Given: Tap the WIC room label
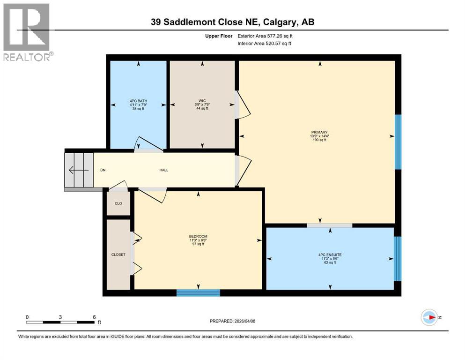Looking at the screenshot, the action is click(x=202, y=100).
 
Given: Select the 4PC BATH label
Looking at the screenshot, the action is click(x=138, y=100).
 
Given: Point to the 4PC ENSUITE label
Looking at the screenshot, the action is click(x=330, y=255).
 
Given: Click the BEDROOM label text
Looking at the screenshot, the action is click(x=198, y=236).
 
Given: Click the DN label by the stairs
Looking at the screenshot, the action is click(x=103, y=170).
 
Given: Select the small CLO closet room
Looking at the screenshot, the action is click(x=118, y=203).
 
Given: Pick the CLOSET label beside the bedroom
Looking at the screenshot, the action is click(x=118, y=255).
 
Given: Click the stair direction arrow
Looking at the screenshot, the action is click(x=78, y=170).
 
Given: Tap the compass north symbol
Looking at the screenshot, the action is click(x=429, y=317).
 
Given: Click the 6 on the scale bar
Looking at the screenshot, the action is click(x=94, y=316).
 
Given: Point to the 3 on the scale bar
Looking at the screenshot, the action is click(x=60, y=316).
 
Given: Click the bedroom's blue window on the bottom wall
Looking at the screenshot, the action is click(x=198, y=293).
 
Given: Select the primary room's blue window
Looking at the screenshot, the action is click(x=398, y=142).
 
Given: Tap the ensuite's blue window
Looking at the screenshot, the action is click(x=398, y=258).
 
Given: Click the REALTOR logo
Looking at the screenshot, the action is click(x=27, y=32).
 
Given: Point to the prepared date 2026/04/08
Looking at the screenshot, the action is click(x=233, y=321).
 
